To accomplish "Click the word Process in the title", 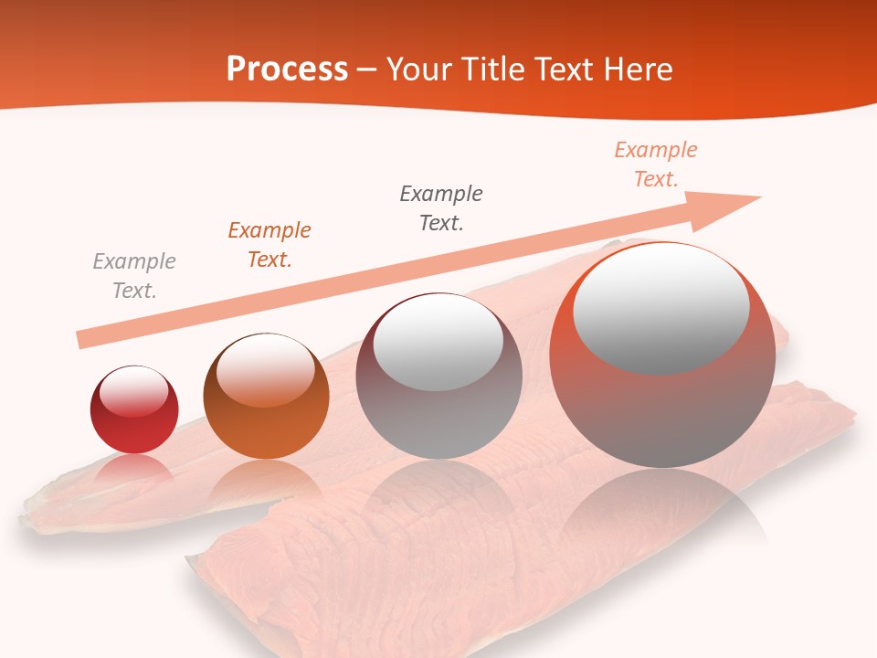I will [287, 69].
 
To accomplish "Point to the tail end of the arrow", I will [80, 340].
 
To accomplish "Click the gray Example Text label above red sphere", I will [134, 276].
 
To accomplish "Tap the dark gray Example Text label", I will [441, 208].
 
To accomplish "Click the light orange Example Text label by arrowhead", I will [655, 164].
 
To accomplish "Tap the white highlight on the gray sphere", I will [438, 340].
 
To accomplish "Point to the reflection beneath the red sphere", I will [134, 472].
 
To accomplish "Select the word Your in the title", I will [416, 69].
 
